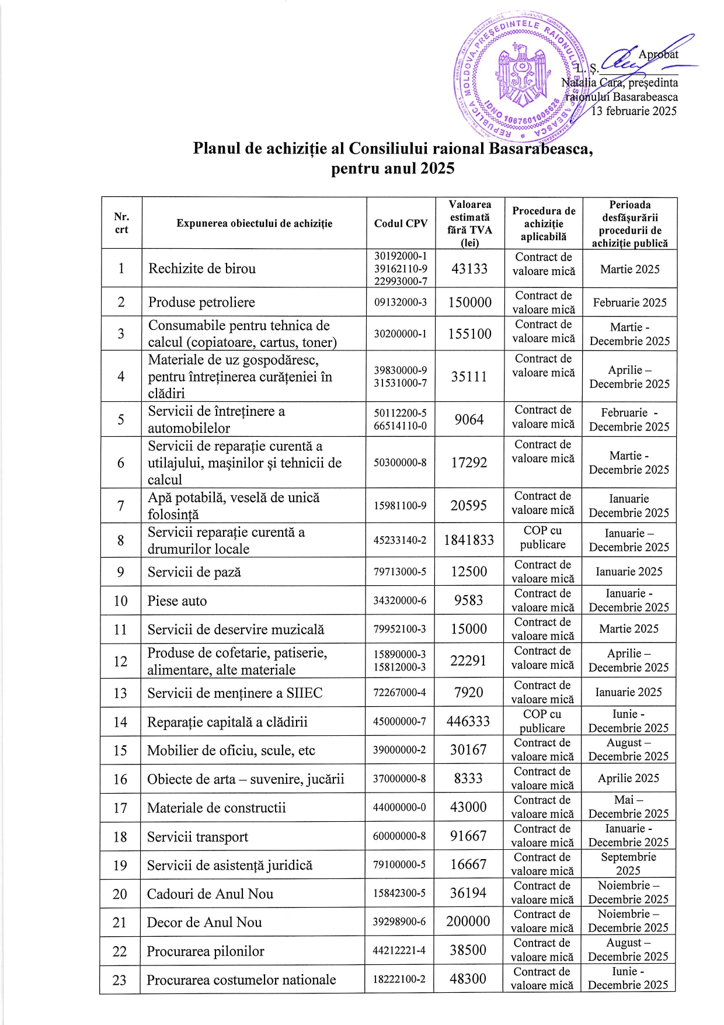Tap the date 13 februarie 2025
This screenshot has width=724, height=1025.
point(633,111)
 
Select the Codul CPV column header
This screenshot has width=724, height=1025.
point(401,224)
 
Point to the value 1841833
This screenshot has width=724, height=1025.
point(469,540)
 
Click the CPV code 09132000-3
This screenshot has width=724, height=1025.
point(401,303)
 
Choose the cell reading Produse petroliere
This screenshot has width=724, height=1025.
point(201,303)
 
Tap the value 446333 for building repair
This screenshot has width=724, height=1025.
point(468,721)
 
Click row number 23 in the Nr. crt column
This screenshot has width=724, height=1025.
point(120,979)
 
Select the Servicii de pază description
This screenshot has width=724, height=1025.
point(194,572)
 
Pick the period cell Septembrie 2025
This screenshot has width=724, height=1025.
point(628,864)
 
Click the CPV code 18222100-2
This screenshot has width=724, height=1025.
point(399,979)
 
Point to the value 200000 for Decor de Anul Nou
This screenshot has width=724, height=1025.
point(468,922)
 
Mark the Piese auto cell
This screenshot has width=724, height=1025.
point(177,601)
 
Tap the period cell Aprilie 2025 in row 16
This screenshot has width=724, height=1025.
point(628,779)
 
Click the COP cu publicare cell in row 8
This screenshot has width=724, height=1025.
point(543,538)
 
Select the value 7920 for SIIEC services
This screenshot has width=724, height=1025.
point(468,693)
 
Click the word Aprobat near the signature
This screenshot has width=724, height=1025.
point(658,55)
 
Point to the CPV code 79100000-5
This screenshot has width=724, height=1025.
point(399,864)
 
